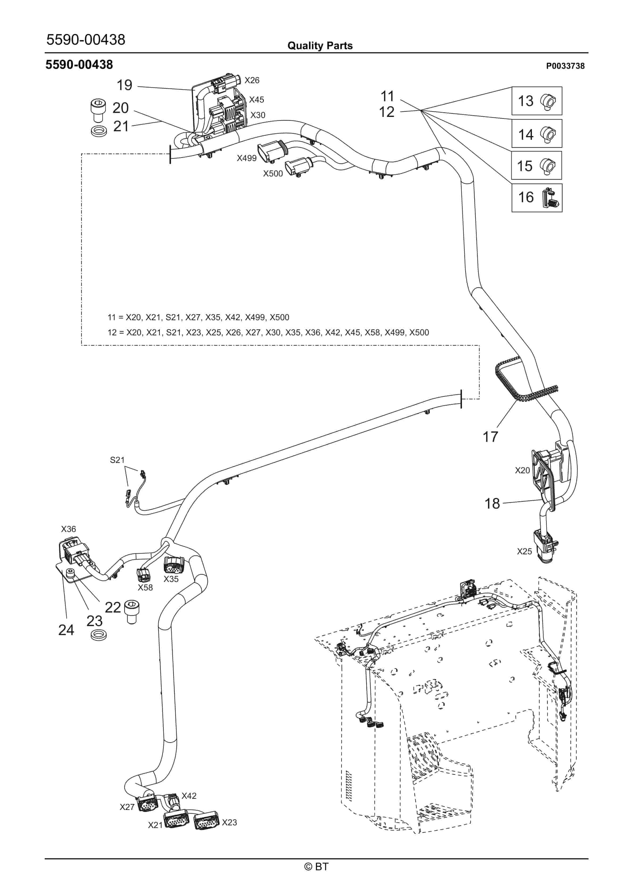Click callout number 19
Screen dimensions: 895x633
[x=124, y=85]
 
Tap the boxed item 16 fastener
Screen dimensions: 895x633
[x=550, y=198]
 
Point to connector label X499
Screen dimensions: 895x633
[x=247, y=158]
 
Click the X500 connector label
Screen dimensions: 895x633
[x=273, y=174]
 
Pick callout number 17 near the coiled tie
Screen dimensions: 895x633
[x=490, y=437]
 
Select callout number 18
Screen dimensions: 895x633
[x=492, y=503]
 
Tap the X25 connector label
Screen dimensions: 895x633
[x=524, y=551]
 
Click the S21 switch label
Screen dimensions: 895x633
[x=117, y=460]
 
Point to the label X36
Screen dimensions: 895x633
[x=69, y=529]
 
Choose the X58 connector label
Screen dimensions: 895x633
[x=145, y=588]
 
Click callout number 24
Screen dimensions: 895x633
[x=66, y=630]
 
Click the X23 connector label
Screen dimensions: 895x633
[x=230, y=822]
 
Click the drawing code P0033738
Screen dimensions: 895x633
[x=565, y=66]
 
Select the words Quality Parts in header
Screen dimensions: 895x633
[x=320, y=46]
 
